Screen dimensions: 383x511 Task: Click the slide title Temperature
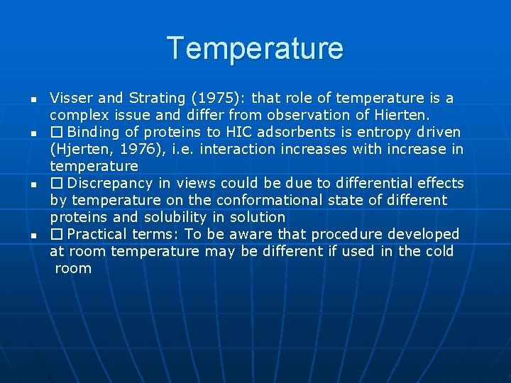point(255,48)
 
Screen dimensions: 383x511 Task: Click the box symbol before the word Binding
point(56,132)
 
